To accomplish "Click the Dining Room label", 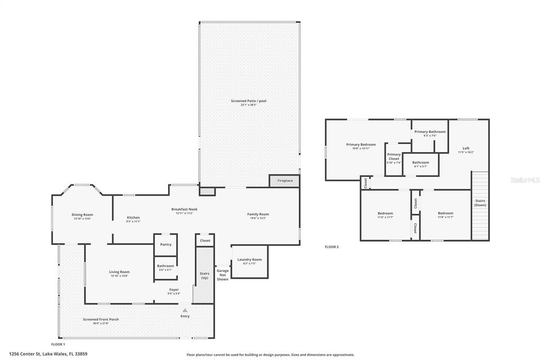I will [82, 214].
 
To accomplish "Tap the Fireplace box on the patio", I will [285, 181].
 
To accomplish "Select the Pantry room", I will [165, 244].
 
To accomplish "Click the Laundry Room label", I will [249, 260].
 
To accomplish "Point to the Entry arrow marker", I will [185, 310].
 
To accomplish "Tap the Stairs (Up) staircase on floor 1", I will [204, 276].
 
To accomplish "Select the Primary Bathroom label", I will [430, 132].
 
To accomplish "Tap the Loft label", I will [465, 148].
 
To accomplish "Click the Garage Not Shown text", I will [222, 274].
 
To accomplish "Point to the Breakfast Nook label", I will [182, 209].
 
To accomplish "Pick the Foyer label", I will [174, 289].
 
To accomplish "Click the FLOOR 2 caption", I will [332, 247].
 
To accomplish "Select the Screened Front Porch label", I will [100, 319].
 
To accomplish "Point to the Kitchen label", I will [133, 217].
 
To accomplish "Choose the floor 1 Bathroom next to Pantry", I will [165, 266].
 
